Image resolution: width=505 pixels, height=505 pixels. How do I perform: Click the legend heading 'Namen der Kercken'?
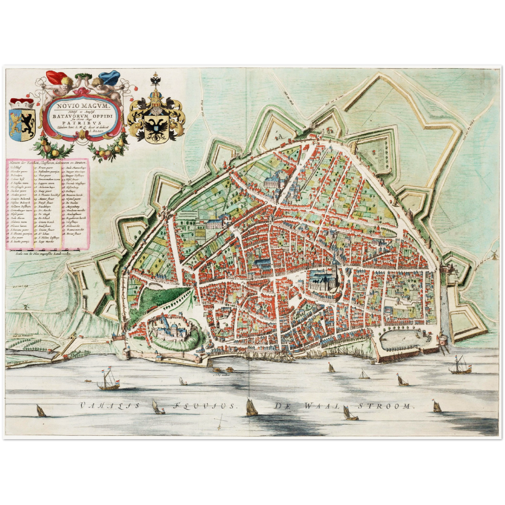tap(48, 162)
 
